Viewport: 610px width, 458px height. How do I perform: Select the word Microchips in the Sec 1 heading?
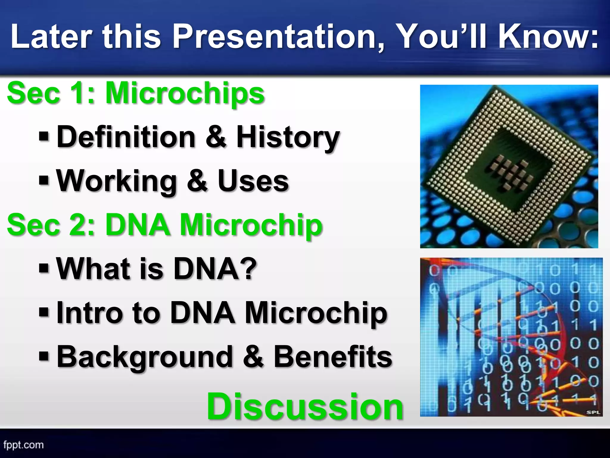(x=185, y=93)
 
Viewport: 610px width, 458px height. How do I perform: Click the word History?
(x=288, y=137)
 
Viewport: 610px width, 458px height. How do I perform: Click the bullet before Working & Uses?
(x=44, y=180)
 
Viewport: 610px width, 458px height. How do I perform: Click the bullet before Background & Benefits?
(x=44, y=356)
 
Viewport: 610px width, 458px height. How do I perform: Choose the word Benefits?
(x=333, y=356)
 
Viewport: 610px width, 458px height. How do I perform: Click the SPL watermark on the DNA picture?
(x=593, y=412)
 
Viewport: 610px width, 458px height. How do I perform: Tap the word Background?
(x=145, y=356)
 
